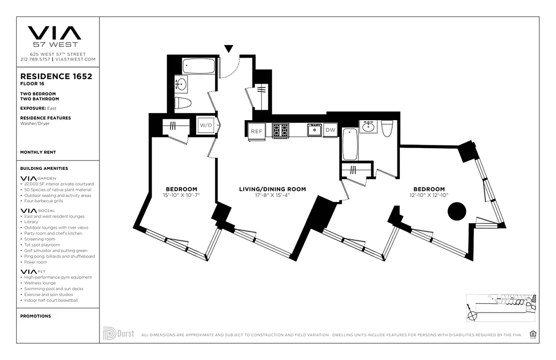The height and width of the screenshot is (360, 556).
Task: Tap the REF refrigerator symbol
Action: (x=256, y=131)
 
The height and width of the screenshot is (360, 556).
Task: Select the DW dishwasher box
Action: (x=330, y=130)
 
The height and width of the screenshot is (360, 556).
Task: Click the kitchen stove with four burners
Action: (x=281, y=130)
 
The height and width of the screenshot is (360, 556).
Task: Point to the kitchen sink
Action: (x=314, y=130)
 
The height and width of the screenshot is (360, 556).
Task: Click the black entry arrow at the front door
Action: (x=229, y=49)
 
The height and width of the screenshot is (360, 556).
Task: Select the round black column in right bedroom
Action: (x=457, y=211)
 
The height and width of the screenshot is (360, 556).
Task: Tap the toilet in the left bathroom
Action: (x=183, y=103)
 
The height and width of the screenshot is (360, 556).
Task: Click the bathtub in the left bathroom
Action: (x=198, y=66)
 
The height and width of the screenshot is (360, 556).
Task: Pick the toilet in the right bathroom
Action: (x=387, y=128)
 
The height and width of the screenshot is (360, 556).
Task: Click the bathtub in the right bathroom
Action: (x=350, y=144)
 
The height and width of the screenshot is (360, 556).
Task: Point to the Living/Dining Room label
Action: (x=272, y=189)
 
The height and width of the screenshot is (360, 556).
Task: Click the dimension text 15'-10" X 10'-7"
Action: (x=181, y=195)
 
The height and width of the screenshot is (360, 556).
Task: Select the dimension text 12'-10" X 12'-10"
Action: (x=429, y=195)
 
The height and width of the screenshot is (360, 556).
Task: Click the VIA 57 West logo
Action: (x=54, y=36)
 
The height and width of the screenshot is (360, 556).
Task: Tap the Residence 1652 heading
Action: (x=56, y=76)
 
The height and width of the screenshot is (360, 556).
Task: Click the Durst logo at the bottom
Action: (x=119, y=333)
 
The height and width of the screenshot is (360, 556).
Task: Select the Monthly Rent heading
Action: (x=38, y=152)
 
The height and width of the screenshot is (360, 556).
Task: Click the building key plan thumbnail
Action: (x=501, y=308)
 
